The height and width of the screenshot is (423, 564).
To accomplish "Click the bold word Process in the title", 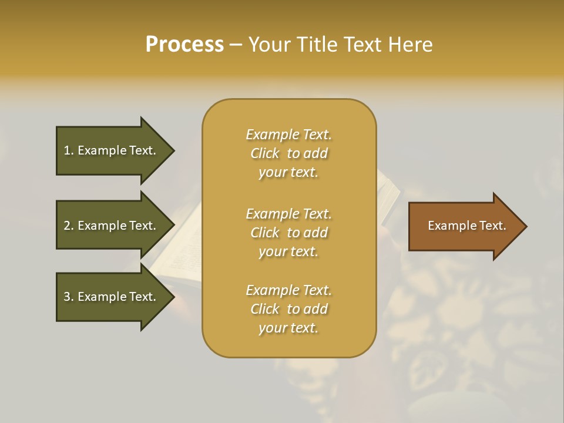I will [184, 44].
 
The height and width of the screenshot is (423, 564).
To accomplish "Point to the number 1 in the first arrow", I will [67, 150].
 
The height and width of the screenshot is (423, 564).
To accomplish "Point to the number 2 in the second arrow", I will [67, 226].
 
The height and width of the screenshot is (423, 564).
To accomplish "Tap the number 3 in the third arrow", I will [67, 297].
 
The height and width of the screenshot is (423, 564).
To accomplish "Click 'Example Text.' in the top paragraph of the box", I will [288, 135].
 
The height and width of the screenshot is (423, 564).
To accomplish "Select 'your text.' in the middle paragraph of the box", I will [288, 251].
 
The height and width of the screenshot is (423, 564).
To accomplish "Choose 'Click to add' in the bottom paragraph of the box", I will [288, 309].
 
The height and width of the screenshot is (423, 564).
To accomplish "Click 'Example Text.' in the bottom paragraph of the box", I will [288, 290].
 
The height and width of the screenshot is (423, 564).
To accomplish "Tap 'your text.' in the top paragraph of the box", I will [288, 172].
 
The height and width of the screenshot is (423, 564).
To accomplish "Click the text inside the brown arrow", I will [466, 226].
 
